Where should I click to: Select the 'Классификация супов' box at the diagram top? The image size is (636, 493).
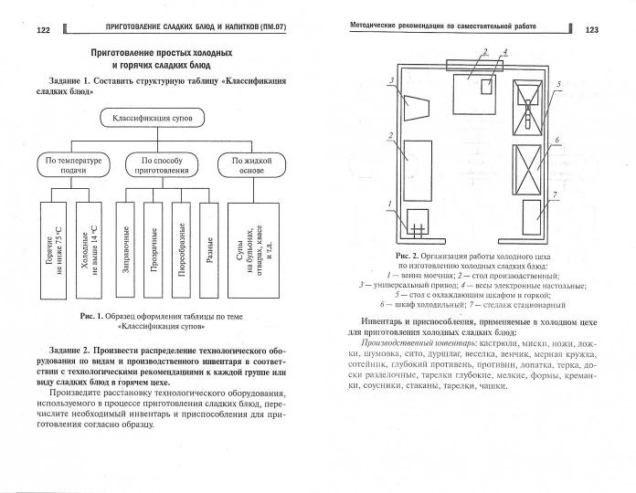coord(164,118)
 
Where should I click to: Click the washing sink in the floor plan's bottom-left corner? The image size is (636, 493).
coord(416,221)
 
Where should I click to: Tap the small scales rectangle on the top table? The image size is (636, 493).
coord(487,81)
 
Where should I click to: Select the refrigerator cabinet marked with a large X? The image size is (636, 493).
coord(530,167)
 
